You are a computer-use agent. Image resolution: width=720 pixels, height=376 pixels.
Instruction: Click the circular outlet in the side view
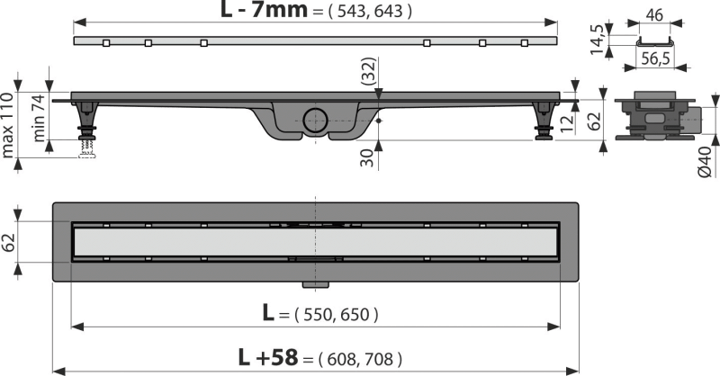(x=316, y=119)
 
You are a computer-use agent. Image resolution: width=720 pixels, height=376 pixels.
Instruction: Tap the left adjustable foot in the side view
(x=87, y=126)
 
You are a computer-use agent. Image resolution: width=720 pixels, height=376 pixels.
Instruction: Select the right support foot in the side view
(x=546, y=123)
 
